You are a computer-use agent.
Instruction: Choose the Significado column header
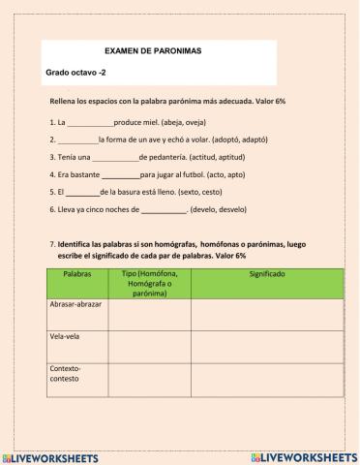pos(266,275)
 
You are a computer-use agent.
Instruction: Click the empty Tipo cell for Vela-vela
pos(149,346)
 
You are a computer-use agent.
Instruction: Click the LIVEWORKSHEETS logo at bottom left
pos(54,455)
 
